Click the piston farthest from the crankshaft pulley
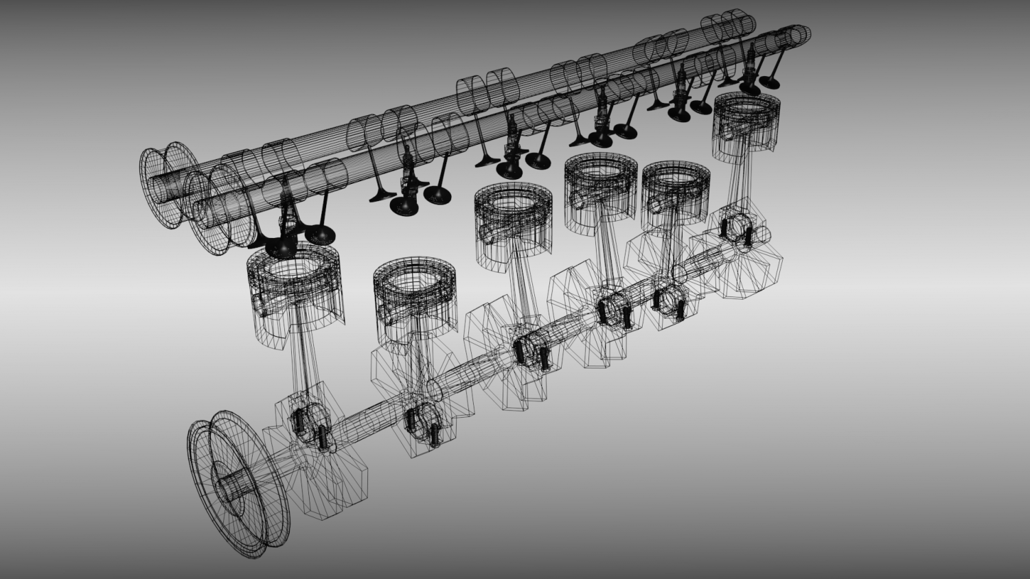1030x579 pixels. point(747,123)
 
